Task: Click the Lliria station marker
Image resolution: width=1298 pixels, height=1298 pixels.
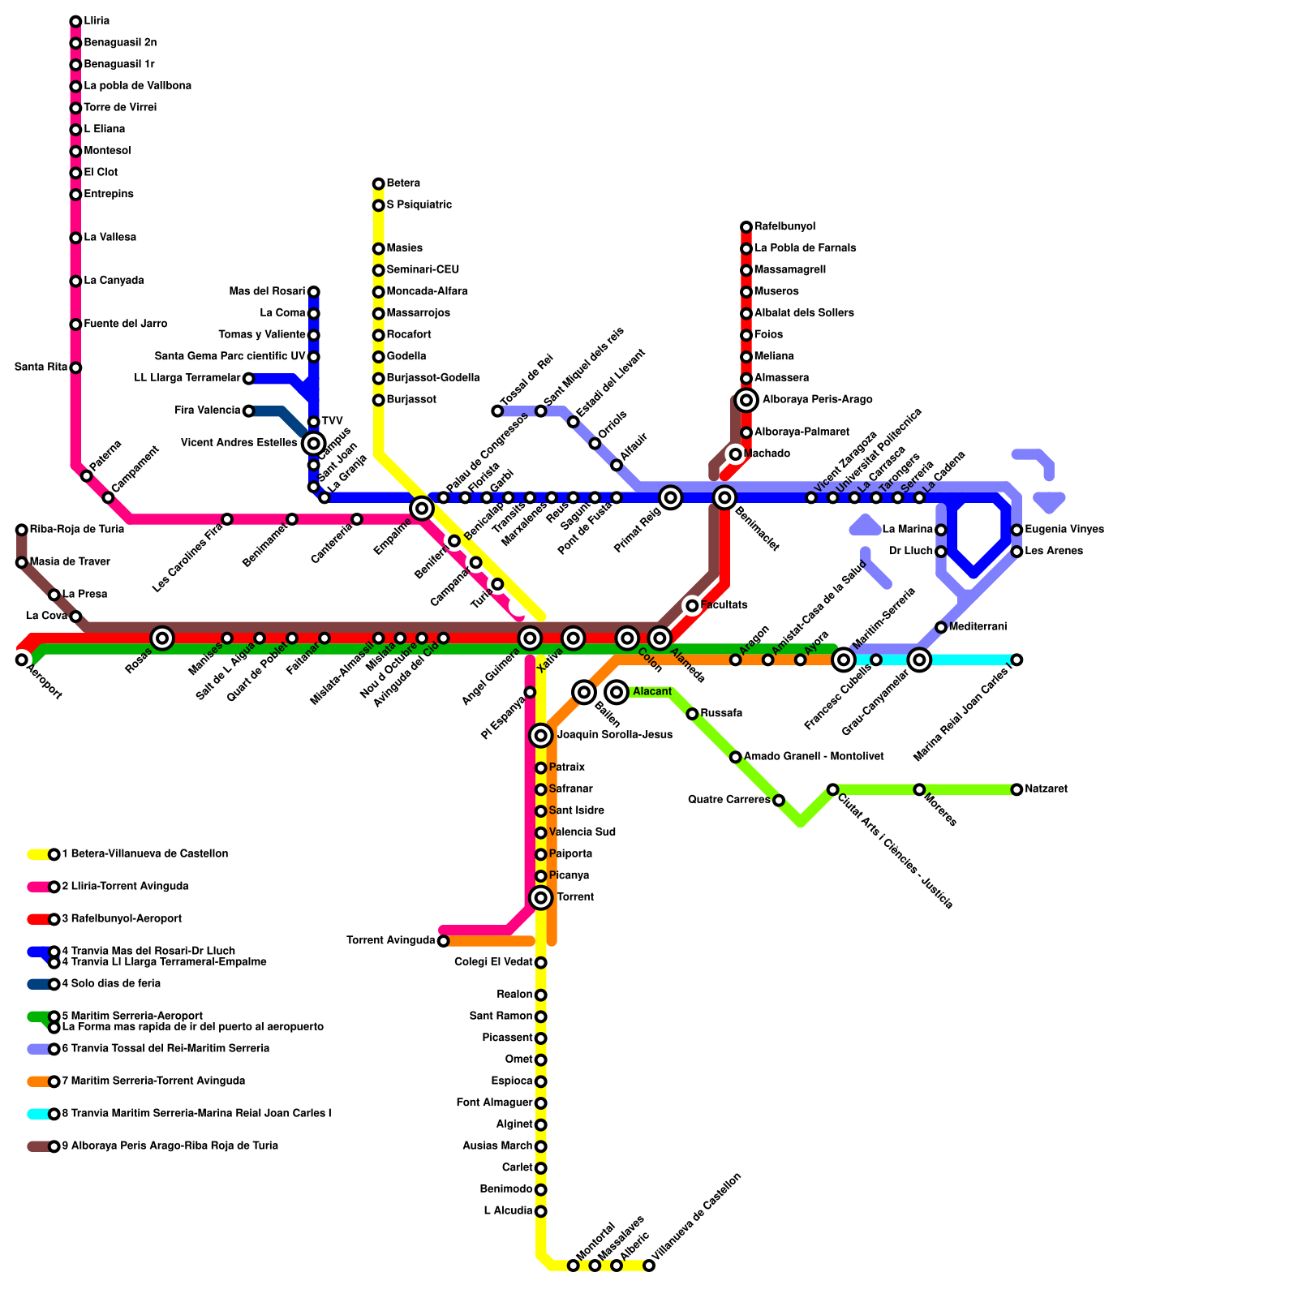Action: pos(75,21)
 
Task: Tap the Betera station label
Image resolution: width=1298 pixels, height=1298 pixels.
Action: pos(403,183)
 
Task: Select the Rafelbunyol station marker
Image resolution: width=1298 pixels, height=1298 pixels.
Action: pos(746,227)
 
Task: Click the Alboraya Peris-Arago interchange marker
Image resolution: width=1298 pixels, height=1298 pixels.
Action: pos(746,400)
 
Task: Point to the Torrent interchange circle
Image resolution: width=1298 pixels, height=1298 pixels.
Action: pos(541,897)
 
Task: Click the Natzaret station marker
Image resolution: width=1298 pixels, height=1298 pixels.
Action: pos(1016,789)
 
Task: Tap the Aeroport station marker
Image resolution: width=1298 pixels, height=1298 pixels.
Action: pos(22,660)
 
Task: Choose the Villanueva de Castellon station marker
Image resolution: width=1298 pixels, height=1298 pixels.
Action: pos(649,1266)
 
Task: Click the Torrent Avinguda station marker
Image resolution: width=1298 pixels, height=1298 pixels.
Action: pos(443,941)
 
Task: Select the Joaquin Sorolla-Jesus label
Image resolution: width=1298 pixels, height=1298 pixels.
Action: pos(614,735)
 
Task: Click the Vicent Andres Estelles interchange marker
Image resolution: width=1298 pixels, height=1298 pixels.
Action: pos(314,443)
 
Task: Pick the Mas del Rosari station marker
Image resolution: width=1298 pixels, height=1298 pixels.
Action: pos(314,292)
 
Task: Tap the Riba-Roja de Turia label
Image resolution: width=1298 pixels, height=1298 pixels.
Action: pos(77,530)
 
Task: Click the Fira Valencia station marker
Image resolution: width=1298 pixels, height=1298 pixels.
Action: pos(249,410)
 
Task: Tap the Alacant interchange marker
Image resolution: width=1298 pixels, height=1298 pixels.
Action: pos(617,692)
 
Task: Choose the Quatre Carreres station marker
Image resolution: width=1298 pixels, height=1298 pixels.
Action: pos(779,801)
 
